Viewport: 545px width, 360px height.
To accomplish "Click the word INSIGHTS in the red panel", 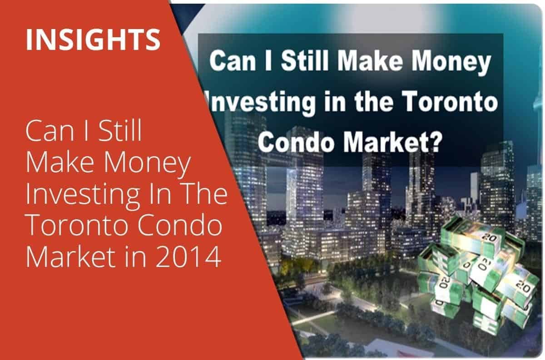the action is coord(93,39).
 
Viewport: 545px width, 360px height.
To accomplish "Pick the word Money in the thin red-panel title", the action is coord(147,165).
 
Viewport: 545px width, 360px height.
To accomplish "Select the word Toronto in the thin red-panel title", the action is coord(78,225).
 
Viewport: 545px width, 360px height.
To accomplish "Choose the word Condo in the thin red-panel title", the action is coord(180,225).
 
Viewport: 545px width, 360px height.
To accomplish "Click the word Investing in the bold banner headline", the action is coord(261,104).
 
